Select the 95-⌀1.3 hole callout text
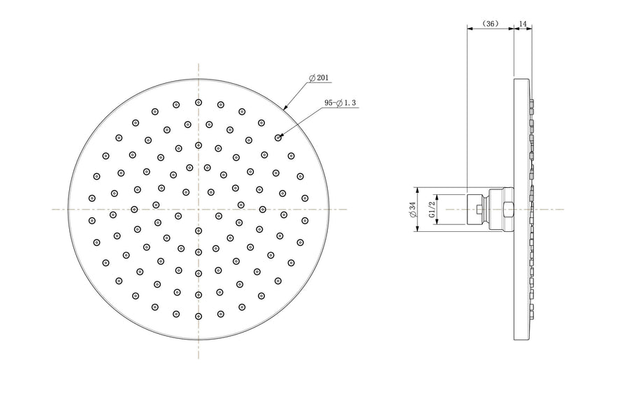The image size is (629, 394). (x=340, y=103)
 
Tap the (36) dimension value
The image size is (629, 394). (x=490, y=24)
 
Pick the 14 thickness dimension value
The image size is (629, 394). (x=523, y=24)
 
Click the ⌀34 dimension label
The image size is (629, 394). (x=412, y=210)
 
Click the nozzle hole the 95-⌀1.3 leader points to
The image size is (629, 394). (x=278, y=138)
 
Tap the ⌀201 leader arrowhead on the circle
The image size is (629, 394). (x=285, y=108)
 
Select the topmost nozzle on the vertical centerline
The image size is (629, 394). (x=198, y=103)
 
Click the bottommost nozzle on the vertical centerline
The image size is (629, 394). (x=198, y=316)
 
